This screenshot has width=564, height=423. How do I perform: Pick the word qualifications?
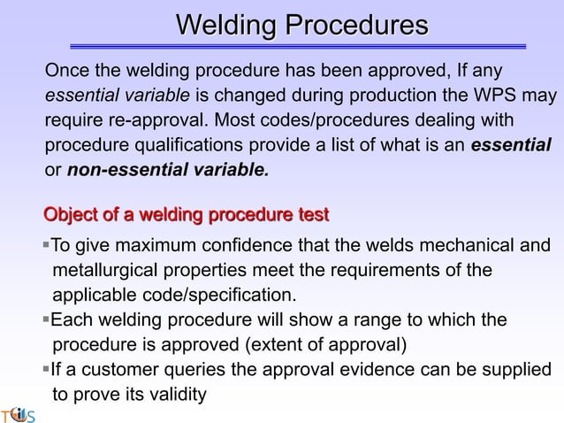click(194, 143)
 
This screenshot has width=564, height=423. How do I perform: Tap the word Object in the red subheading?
click(73, 214)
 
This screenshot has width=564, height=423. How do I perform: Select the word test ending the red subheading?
click(313, 214)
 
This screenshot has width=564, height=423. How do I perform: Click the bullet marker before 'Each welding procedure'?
click(46, 319)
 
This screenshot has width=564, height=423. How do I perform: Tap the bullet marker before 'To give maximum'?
click(46, 244)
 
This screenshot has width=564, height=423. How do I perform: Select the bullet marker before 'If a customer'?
click(46, 369)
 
